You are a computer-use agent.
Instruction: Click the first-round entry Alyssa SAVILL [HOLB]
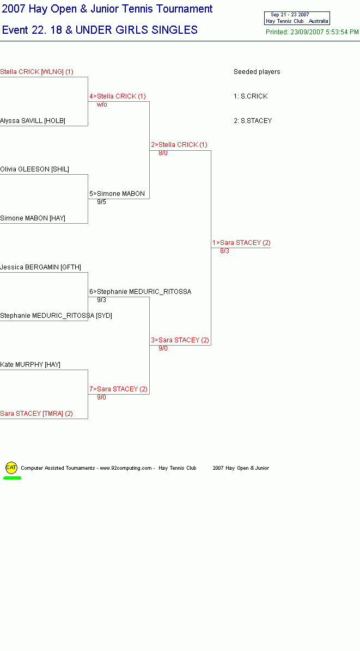tap(33, 121)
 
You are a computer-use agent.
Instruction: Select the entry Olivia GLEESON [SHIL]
tap(34, 169)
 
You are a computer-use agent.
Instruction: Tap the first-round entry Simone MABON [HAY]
tap(33, 218)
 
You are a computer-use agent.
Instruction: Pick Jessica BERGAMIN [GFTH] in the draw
tap(41, 267)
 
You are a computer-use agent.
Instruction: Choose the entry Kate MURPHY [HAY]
tap(30, 365)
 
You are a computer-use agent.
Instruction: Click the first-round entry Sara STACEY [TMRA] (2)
tap(36, 414)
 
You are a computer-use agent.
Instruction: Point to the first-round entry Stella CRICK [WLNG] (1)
tap(36, 72)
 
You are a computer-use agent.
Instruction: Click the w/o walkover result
tap(102, 105)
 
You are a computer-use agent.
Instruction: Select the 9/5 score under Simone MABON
tap(101, 202)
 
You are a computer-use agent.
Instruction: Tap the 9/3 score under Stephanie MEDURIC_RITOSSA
tap(101, 300)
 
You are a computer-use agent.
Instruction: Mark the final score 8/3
tap(224, 251)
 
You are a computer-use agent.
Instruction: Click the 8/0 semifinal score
tap(163, 153)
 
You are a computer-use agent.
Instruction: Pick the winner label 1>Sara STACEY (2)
tap(241, 243)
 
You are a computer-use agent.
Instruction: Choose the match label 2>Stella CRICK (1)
tap(179, 145)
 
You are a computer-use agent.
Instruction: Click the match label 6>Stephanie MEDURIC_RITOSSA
tap(141, 292)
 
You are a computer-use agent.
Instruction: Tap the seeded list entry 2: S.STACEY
tap(253, 121)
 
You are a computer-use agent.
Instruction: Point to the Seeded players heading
tap(257, 72)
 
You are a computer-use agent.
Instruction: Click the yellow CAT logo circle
tap(11, 468)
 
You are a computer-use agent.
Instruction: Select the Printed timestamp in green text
tap(312, 32)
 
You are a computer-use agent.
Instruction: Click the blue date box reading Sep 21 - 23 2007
tap(297, 19)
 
